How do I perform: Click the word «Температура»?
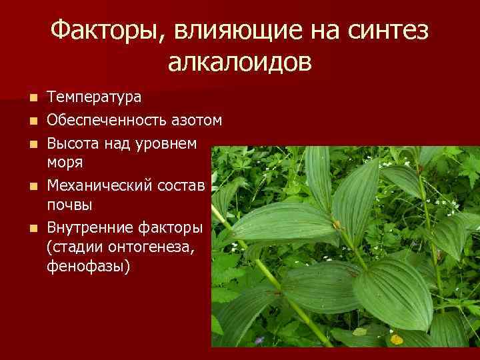point(94,97)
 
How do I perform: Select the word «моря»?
point(64,161)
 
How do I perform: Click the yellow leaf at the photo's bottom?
point(397,339)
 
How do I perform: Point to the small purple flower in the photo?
point(257,341)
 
